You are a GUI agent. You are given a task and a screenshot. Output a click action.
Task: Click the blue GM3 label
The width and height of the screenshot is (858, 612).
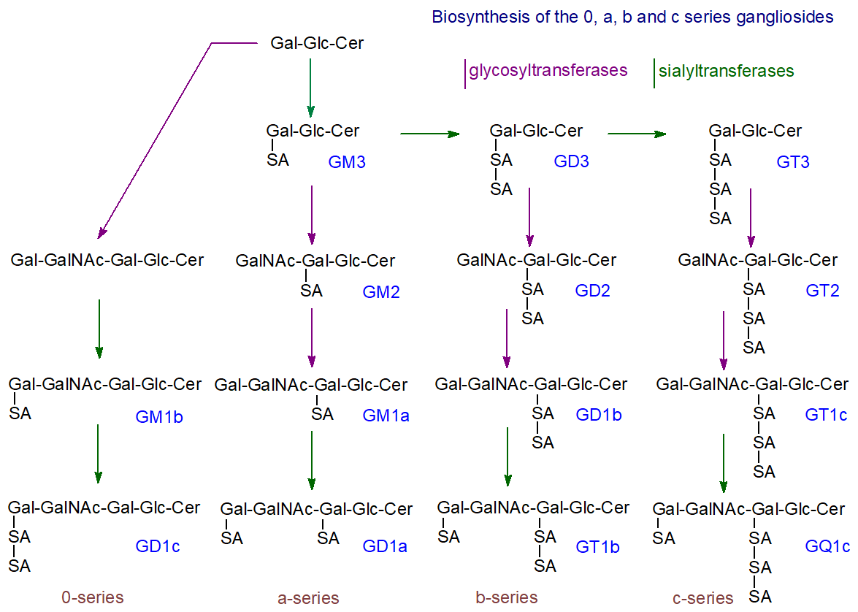click(x=347, y=162)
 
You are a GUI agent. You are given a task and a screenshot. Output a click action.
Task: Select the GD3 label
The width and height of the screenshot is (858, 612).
click(x=571, y=161)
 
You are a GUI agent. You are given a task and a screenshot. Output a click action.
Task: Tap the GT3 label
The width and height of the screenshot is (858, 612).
click(x=792, y=162)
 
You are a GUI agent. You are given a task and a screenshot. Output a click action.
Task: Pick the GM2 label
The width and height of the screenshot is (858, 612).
click(x=381, y=293)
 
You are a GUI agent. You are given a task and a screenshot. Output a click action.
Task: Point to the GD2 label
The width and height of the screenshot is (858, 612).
click(x=592, y=291)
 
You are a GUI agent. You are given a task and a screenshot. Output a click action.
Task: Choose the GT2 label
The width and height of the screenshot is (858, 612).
click(x=822, y=291)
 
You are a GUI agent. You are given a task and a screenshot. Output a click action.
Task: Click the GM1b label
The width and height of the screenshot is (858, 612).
click(x=158, y=418)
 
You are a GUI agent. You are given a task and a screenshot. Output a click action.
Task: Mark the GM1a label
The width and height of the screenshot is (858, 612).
click(x=386, y=416)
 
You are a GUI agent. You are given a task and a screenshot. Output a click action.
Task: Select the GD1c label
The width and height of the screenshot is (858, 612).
click(x=158, y=546)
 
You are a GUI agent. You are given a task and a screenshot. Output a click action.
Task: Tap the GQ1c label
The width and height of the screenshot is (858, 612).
click(x=827, y=546)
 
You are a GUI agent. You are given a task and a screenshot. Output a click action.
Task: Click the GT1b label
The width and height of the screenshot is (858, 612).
click(x=597, y=546)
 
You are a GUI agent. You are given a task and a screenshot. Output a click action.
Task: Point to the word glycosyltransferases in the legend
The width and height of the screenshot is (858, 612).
click(x=548, y=71)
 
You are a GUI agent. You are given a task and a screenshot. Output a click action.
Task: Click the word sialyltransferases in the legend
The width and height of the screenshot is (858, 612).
click(x=726, y=72)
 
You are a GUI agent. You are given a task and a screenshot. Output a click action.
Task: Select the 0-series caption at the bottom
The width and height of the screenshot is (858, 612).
click(x=93, y=597)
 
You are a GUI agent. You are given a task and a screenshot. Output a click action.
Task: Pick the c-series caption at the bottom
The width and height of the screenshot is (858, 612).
click(x=703, y=598)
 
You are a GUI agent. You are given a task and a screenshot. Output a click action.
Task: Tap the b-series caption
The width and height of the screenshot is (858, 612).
click(x=507, y=597)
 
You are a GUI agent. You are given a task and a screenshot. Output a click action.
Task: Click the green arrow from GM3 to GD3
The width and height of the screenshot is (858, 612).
click(x=430, y=134)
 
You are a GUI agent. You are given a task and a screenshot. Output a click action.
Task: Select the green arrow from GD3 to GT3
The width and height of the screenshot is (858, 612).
click(x=637, y=134)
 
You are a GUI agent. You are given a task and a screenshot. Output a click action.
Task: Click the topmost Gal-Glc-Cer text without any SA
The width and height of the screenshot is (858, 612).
click(x=317, y=44)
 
